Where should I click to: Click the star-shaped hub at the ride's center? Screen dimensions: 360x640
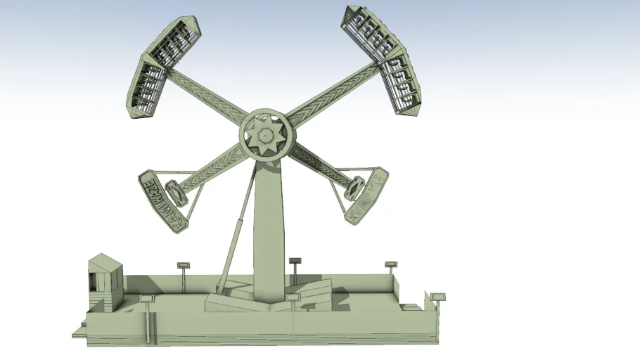(x=266, y=134)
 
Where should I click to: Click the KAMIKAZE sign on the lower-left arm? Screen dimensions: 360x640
(x=165, y=200)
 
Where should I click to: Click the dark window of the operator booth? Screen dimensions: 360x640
(x=98, y=281)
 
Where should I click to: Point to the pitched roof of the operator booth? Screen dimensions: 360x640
(x=105, y=262)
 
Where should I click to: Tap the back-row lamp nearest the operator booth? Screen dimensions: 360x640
(x=184, y=265)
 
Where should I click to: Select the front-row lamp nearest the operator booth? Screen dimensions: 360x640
(x=146, y=299)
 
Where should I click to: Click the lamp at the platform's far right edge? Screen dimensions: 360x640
(x=438, y=297)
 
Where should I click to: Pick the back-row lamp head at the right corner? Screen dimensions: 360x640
(x=391, y=264)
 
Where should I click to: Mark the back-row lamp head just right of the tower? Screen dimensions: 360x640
(x=295, y=261)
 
